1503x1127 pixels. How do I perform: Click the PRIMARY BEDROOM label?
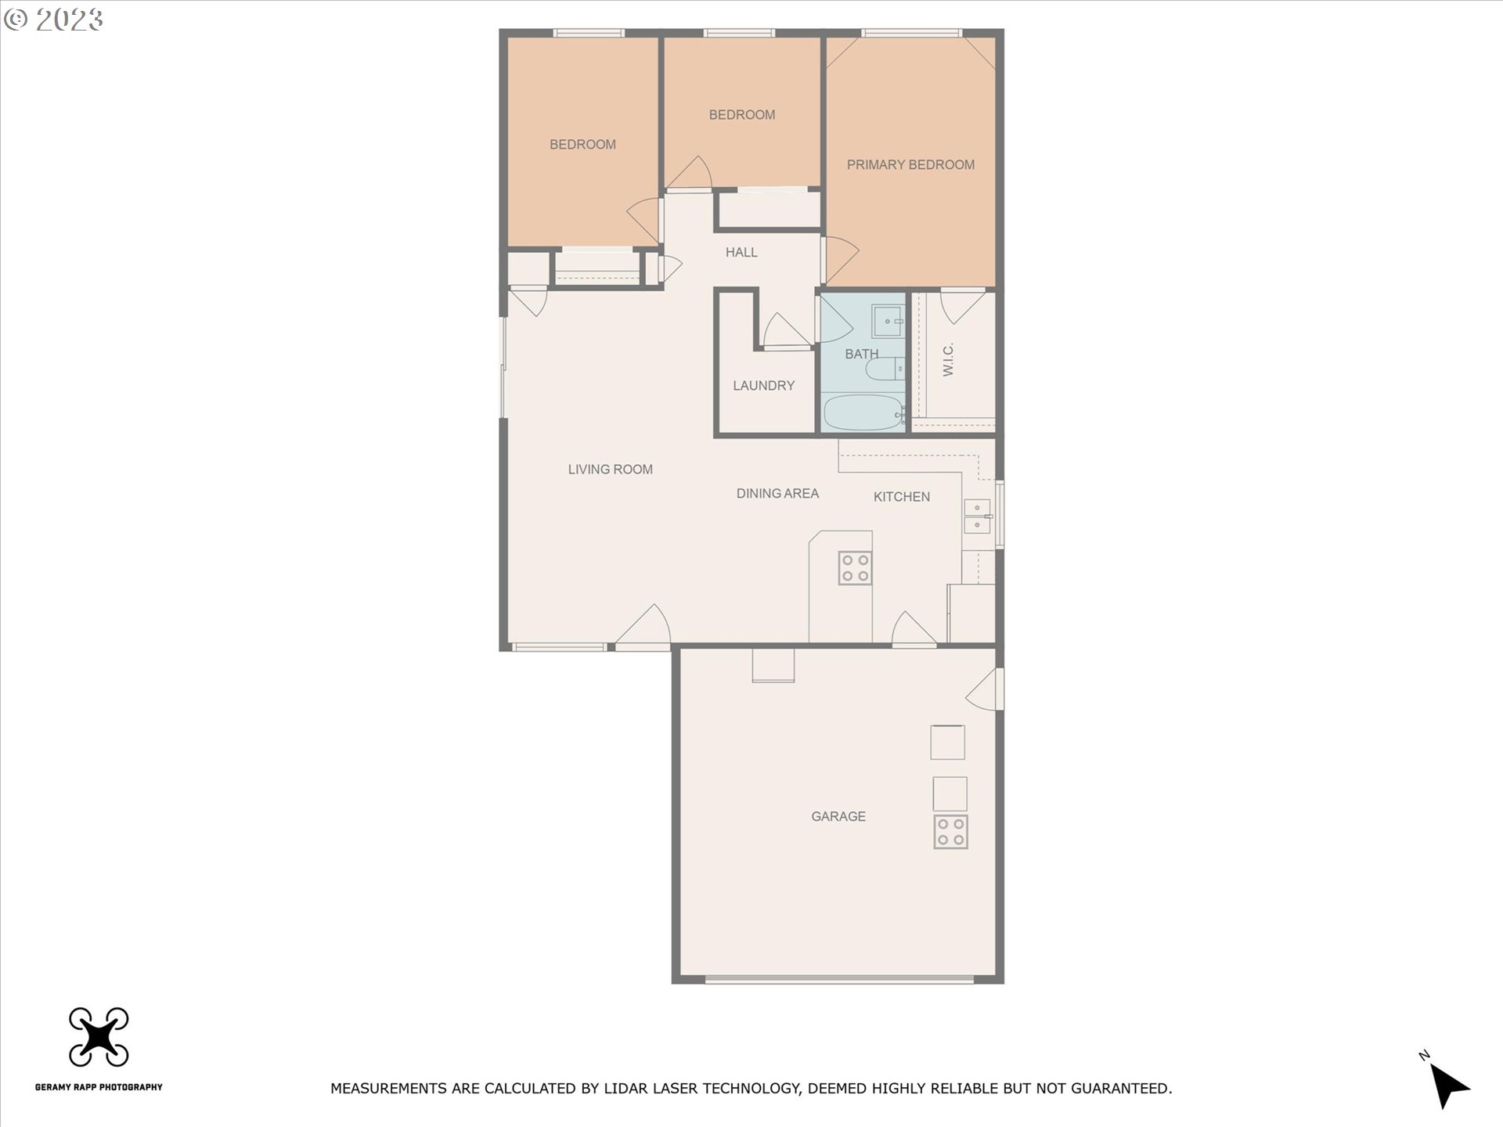[910, 164]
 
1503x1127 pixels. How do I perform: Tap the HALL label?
[741, 252]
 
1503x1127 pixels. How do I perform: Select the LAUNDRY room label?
[763, 385]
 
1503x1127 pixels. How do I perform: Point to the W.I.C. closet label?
[948, 359]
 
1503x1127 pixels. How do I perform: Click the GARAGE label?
[838, 816]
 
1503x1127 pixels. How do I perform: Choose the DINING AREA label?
[777, 493]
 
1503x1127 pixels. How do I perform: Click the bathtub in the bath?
[863, 412]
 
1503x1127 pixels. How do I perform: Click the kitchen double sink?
[976, 516]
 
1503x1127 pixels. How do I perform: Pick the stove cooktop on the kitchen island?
[854, 568]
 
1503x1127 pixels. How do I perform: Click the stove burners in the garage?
[950, 832]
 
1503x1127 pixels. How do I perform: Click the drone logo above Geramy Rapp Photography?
[99, 1037]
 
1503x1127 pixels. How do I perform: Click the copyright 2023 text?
[53, 20]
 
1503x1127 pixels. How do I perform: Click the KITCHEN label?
[901, 496]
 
